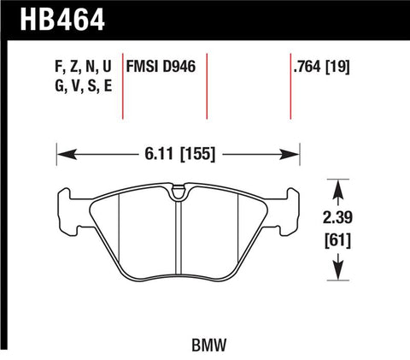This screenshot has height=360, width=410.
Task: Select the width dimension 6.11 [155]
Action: (178, 156)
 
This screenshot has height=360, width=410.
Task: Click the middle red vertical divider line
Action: (209, 86)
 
